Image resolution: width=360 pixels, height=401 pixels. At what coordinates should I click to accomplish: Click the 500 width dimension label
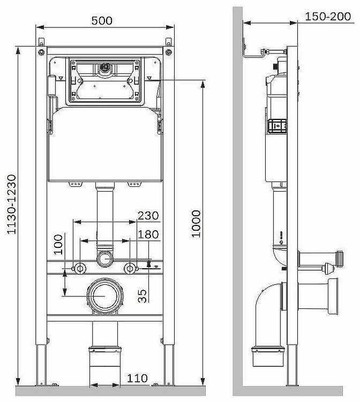pos(102,21)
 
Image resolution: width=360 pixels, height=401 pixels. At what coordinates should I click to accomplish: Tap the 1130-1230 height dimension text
pos(11,205)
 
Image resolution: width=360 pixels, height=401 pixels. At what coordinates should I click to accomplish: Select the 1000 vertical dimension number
pos(196,224)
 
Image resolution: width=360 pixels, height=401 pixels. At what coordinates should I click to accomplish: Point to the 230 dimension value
pos(148,216)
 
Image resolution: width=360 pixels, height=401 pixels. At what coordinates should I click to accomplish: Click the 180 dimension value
pos(148,234)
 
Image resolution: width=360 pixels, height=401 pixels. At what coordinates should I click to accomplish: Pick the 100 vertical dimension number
pos(58,244)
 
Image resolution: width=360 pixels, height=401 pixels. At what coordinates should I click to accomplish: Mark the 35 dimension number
pos(142,296)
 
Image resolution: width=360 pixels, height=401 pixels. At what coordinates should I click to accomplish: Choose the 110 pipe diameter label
pos(137,378)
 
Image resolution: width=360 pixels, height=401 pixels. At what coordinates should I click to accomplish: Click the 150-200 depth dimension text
pos(328,17)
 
